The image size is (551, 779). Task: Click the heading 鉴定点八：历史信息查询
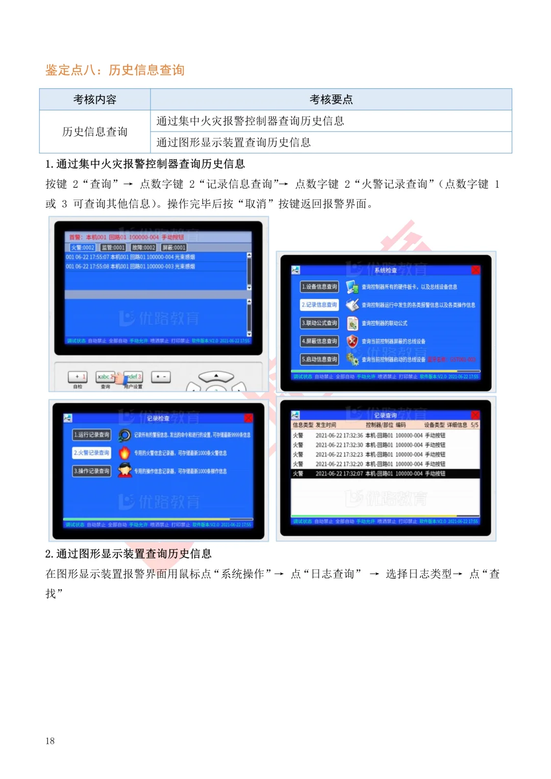pos(115,70)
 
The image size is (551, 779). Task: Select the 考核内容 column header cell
pos(95,100)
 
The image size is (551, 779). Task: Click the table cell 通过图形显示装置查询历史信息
pos(234,142)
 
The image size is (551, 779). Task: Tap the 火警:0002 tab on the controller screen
pos(82,248)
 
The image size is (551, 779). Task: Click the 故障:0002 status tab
pos(143,248)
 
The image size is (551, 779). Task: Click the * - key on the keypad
pos(161,377)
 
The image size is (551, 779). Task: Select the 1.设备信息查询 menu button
pos(319,287)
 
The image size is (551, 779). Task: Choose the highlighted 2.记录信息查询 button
pos(319,305)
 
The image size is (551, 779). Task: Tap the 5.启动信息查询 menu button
pos(319,359)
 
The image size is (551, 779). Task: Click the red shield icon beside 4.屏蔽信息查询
pos(352,341)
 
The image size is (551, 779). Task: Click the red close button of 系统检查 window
pos(475,270)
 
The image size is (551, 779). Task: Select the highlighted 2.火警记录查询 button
pos(92,453)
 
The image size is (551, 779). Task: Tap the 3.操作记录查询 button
pos(92,471)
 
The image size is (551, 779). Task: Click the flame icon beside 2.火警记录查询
pos(124,453)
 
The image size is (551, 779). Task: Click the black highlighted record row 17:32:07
pos(385,474)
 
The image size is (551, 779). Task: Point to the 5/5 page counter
pos(474,425)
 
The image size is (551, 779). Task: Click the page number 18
pos(50,741)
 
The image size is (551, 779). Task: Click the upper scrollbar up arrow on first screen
pos(249,255)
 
